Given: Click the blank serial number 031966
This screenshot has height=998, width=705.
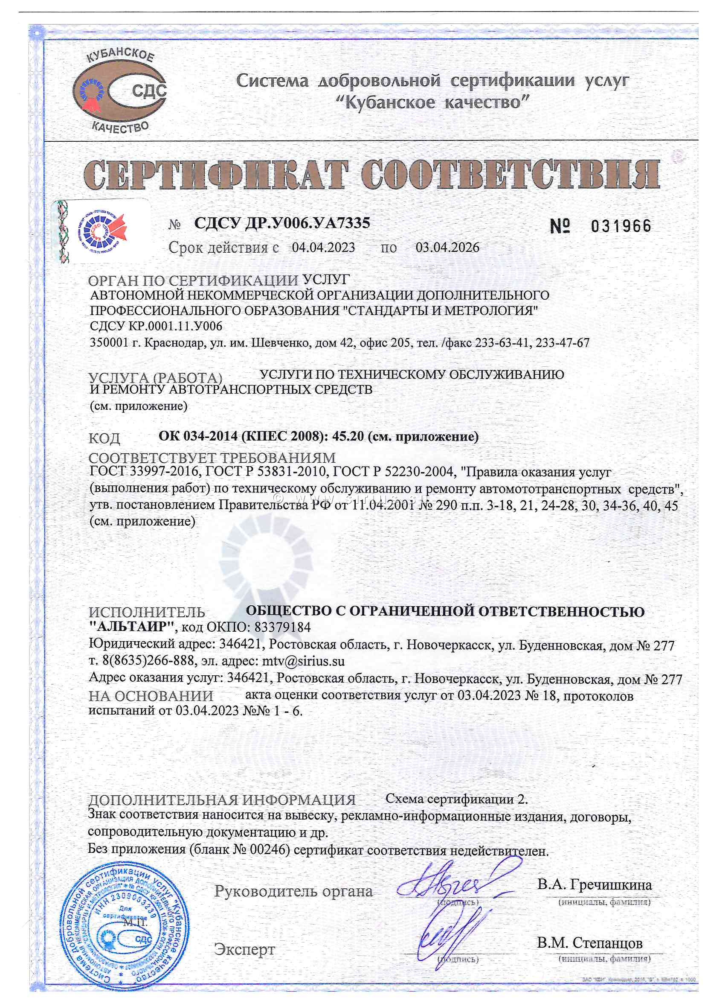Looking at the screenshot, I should [621, 226].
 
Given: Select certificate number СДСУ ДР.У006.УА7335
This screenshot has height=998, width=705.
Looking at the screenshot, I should [282, 223].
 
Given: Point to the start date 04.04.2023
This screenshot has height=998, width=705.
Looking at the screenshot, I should [323, 248].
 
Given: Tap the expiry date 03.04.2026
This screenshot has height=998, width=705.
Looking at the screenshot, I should [447, 248].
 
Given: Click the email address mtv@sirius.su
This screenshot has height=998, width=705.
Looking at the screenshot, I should [303, 662].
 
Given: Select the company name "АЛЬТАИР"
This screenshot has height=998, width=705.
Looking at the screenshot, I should [131, 627].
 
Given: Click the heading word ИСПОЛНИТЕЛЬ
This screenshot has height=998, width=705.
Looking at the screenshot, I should [146, 613].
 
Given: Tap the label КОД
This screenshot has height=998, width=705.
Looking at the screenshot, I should [104, 438].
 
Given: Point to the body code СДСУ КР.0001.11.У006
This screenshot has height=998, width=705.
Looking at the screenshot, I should [156, 326].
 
